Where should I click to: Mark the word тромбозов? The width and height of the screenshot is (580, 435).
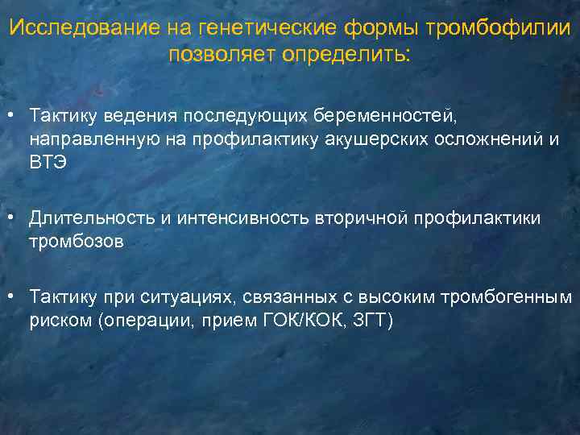pos(77,241)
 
